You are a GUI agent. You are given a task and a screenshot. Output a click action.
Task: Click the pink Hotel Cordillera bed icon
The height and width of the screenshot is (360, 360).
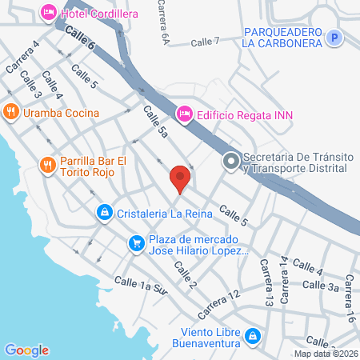pyautogui.click(x=48, y=13)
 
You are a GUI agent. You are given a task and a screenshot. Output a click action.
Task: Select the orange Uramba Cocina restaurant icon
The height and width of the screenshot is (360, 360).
pyautogui.click(x=10, y=113)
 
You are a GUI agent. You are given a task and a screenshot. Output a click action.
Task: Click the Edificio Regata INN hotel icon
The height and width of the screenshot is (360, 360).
pyautogui.click(x=184, y=115)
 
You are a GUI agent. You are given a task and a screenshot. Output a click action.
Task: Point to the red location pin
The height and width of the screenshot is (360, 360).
pyautogui.click(x=180, y=178)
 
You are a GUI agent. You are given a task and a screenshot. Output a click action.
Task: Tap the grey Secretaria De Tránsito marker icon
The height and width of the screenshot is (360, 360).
pyautogui.click(x=231, y=162)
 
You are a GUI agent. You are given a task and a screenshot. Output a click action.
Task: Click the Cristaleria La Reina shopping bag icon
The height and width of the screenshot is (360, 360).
pyautogui.click(x=104, y=213)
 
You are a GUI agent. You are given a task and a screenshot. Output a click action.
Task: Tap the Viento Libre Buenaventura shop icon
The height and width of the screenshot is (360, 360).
pyautogui.click(x=253, y=336)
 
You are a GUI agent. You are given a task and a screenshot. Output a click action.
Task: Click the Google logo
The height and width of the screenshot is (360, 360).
pyautogui.click(x=26, y=350)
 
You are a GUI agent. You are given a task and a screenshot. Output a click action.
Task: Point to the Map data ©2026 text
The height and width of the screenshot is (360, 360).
pyautogui.click(x=326, y=354)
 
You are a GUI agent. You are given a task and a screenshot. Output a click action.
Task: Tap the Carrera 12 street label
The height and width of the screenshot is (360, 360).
pyautogui.click(x=219, y=301)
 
